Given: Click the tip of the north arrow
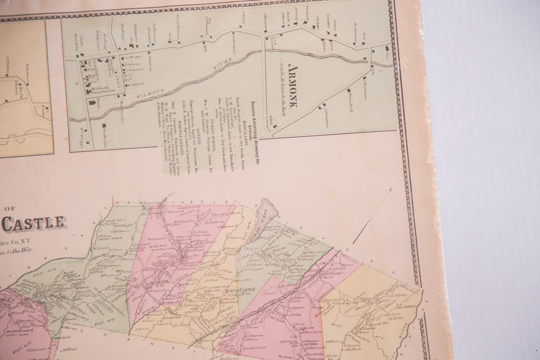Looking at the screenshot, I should click(391, 188).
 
